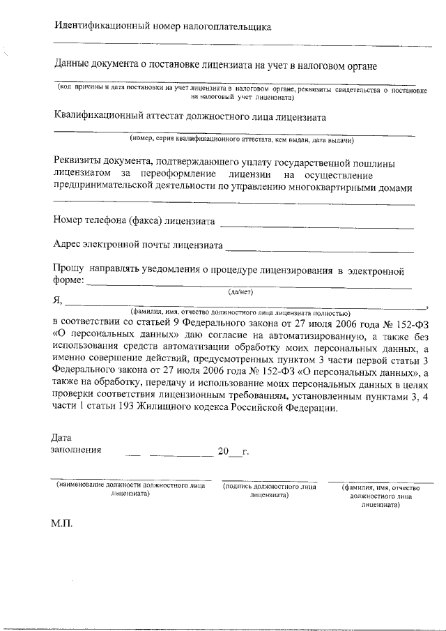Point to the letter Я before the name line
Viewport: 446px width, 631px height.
(58, 301)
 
